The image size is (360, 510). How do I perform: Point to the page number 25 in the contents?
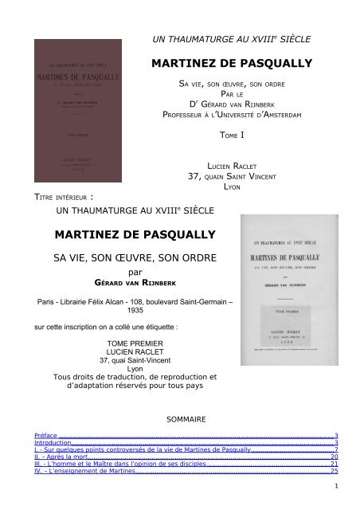click(x=334, y=472)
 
